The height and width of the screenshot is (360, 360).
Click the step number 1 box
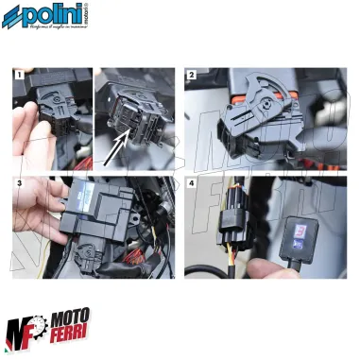pyautogui.click(x=19, y=73)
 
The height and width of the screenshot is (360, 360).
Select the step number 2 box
pyautogui.click(x=192, y=74)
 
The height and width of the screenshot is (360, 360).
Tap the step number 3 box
pyautogui.click(x=19, y=180)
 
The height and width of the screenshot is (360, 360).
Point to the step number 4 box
pyautogui.click(x=192, y=180)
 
